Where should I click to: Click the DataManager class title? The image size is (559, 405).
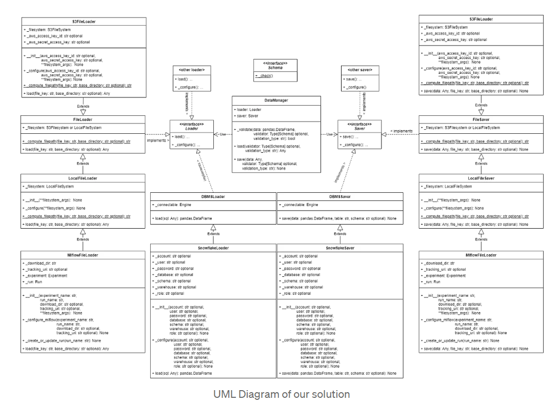coord(276,100)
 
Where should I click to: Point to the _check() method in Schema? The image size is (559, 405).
coord(265,75)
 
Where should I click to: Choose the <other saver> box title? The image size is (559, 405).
coord(360,70)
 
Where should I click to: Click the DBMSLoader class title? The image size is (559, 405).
coord(213,196)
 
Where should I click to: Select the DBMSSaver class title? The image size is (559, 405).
coord(340,196)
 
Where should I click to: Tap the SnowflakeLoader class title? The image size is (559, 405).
coord(213,248)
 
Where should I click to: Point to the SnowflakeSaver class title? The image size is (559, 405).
coord(340,248)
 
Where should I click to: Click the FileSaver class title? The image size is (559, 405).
coord(481,119)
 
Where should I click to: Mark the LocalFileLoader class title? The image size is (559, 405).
coord(83,178)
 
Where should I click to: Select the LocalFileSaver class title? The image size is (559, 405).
coord(481,178)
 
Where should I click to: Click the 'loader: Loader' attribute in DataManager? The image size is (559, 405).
coord(248,110)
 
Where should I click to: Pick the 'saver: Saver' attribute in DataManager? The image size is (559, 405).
coord(247,115)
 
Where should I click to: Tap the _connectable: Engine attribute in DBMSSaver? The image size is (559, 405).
coord(300,205)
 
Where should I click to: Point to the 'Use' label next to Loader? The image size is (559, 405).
coord(222,134)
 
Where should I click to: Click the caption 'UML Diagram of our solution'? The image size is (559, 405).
coord(282,394)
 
